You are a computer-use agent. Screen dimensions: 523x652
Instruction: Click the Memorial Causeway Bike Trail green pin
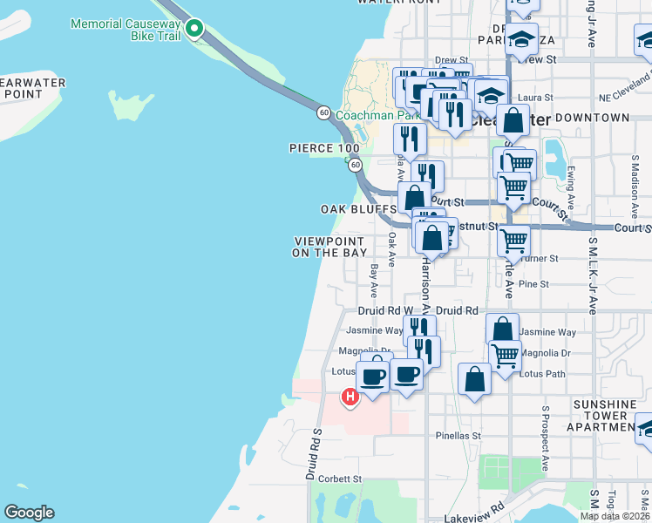point(196,31)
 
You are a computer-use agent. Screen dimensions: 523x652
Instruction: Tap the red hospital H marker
point(350,397)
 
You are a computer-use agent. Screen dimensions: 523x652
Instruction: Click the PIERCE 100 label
point(324,148)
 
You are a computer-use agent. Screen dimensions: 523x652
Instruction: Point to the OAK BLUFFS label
point(357,209)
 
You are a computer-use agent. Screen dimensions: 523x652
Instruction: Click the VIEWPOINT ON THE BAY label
point(330,247)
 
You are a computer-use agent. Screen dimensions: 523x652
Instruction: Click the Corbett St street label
point(339,479)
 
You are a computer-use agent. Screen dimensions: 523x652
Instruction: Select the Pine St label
point(533,284)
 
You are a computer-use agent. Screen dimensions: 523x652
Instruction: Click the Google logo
point(29,513)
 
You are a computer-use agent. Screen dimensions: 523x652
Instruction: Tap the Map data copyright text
point(615,516)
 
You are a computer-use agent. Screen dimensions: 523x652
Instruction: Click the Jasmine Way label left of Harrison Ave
point(376,330)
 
